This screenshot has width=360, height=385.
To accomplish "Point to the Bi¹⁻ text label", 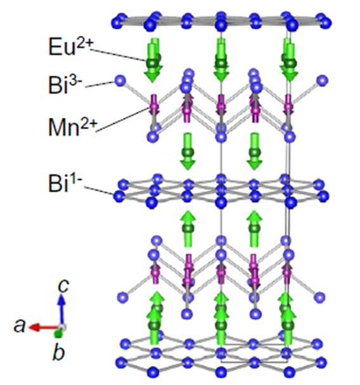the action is pos(65,182).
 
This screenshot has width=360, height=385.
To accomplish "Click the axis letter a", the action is pos(20,326).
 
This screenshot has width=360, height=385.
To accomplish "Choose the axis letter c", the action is pos(63,285).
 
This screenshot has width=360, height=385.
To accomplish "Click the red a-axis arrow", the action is pos(44,327).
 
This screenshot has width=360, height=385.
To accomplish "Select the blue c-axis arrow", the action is pos(62,310).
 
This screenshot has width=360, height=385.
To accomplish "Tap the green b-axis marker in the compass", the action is pos(58,334).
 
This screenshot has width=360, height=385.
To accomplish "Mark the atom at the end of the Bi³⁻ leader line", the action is pos(120,81).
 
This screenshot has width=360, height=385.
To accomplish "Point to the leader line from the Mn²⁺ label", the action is pos(122,120).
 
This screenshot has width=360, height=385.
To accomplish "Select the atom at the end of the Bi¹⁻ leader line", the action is pos(119,196).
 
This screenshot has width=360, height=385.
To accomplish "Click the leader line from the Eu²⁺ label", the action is pos(119,55).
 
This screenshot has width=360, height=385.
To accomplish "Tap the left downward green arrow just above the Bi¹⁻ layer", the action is pos(188,152).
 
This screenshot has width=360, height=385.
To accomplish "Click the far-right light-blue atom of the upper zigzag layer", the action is pos(322,81).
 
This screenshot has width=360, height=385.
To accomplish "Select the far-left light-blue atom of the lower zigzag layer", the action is pos(123,297).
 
